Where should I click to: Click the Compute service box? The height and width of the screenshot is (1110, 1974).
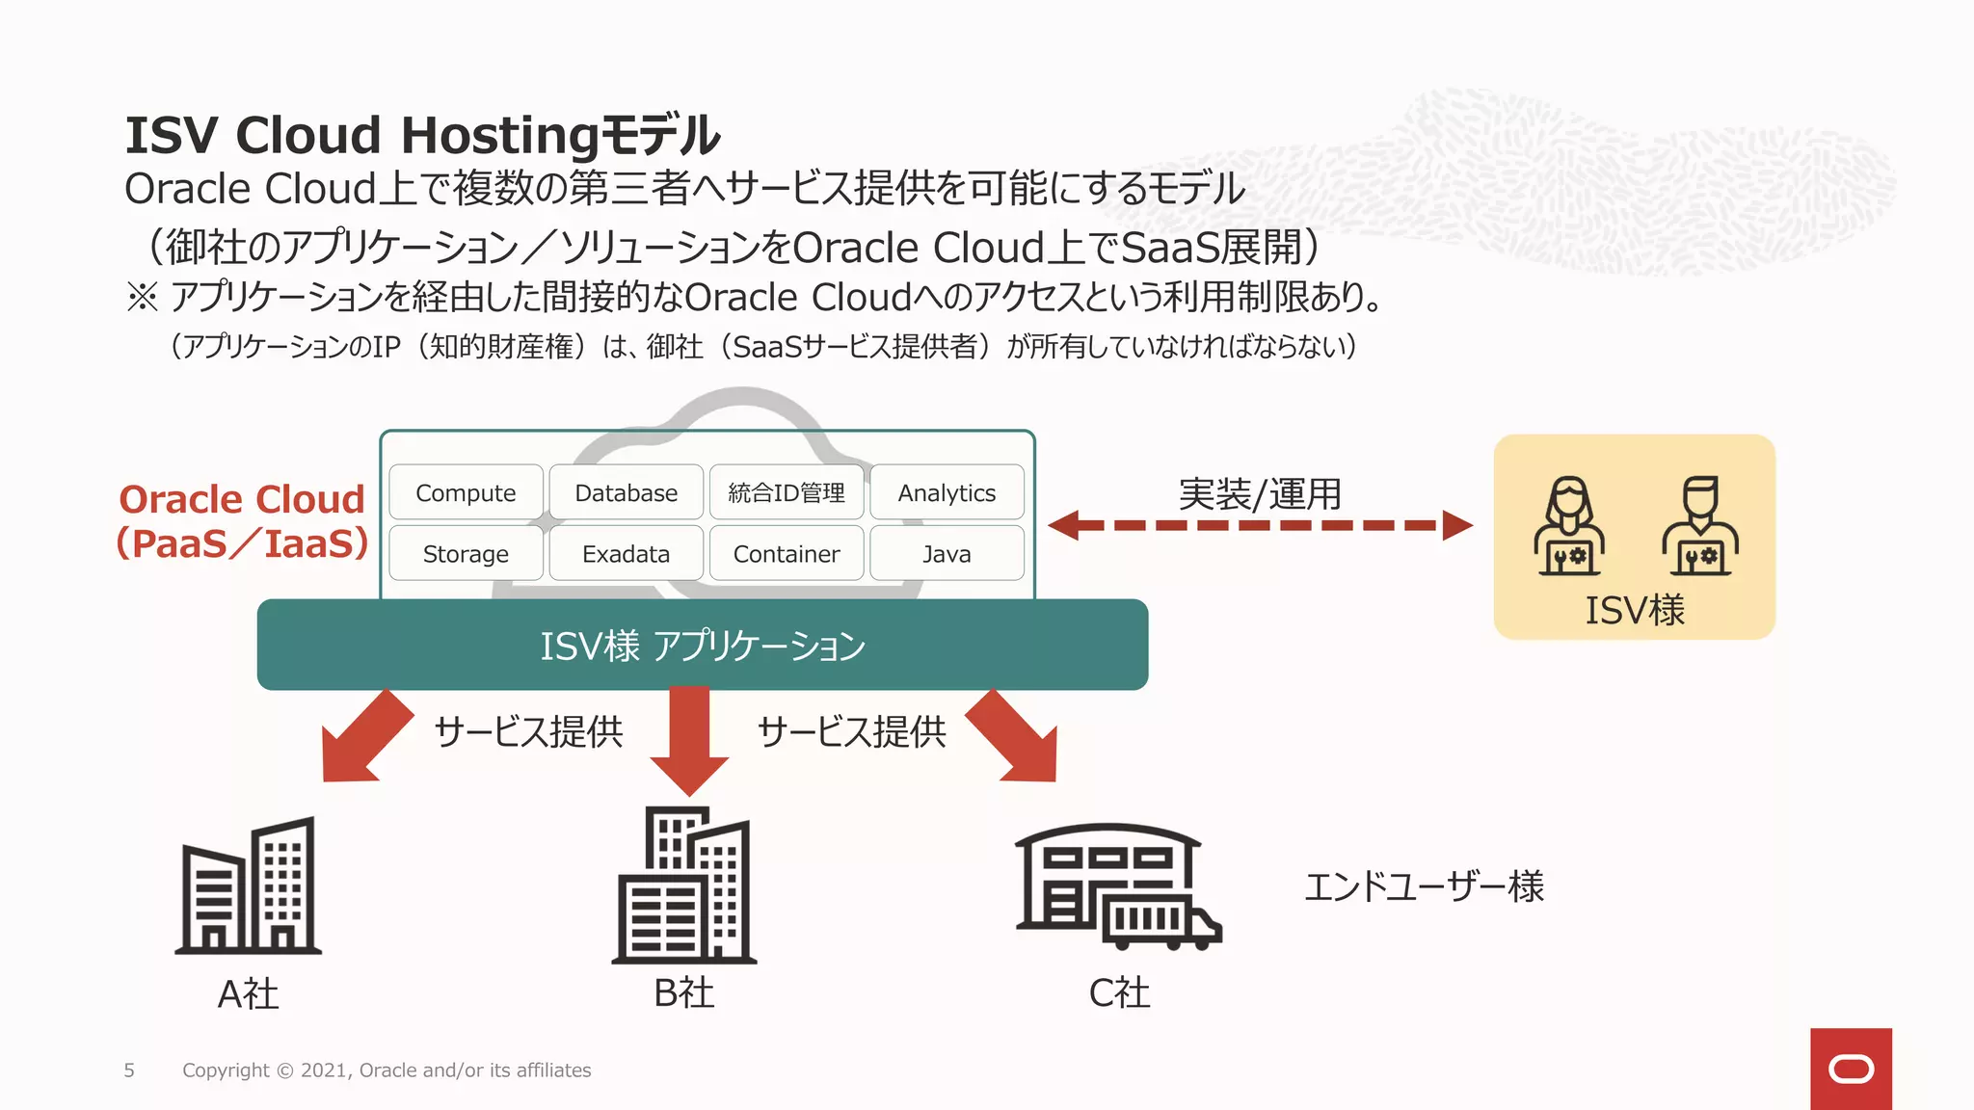point(466,492)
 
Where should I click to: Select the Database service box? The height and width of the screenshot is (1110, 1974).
point(626,492)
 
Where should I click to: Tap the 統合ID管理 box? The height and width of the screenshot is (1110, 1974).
point(787,492)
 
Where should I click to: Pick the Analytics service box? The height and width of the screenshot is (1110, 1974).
point(947,492)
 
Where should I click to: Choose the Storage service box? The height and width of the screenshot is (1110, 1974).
point(466,553)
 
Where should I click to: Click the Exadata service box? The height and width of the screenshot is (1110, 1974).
point(626,553)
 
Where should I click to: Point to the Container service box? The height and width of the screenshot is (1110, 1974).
point(787,553)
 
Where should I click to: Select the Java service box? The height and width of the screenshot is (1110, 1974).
point(947,553)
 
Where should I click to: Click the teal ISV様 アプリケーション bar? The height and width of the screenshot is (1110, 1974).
point(702,645)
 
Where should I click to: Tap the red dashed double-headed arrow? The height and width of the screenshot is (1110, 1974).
point(1260,525)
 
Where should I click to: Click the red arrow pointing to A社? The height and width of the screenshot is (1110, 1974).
point(361,740)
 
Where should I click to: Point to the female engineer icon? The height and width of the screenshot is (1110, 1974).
point(1569,526)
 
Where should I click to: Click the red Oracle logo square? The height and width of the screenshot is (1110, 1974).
point(1851,1069)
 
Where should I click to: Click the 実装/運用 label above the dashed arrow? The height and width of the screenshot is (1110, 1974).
point(1260,494)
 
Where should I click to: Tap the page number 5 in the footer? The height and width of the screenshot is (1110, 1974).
point(129,1070)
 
